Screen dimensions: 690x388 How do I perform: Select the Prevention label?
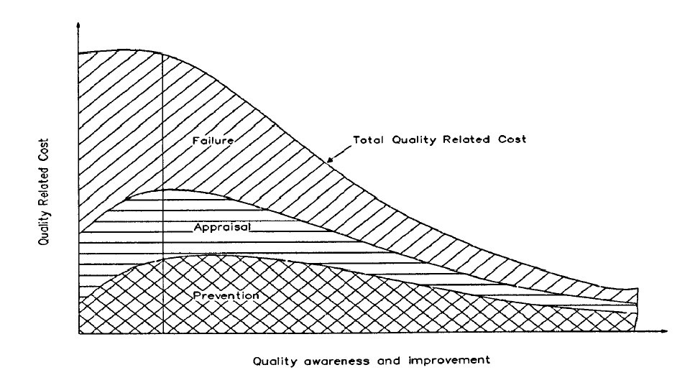(226, 295)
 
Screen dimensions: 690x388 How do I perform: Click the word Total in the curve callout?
(367, 140)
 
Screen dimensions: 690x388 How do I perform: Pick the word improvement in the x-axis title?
(448, 361)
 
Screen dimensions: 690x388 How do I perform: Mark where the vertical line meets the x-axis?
(164, 333)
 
